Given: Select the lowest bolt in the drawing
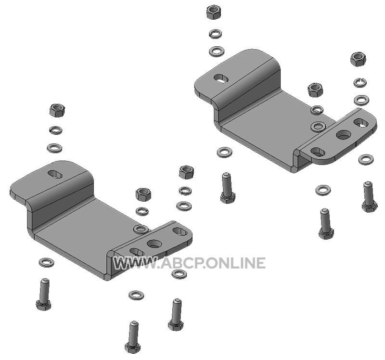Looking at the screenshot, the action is tap(133, 337).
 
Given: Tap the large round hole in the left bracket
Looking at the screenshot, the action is tap(154, 244).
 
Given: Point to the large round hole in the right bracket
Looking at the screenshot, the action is tap(344, 134).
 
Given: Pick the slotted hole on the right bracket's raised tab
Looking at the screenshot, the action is tap(222, 78).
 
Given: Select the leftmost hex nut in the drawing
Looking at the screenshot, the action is tap(57, 110).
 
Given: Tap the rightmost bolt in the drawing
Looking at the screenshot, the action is tap(369, 196).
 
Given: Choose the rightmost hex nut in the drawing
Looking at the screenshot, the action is tap(358, 59).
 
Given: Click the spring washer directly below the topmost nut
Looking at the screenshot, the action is tap(215, 34).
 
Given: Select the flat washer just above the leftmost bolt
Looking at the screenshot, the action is tap(47, 262).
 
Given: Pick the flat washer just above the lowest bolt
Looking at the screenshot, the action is tap(136, 295).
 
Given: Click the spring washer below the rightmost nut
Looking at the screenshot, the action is tap(360, 82).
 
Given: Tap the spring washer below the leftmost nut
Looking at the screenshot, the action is tap(56, 130).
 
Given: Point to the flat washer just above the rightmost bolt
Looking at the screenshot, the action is tap(366, 160).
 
